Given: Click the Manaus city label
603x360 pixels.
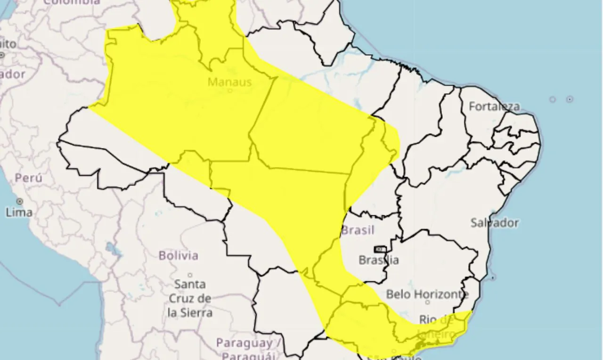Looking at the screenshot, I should pyautogui.click(x=229, y=82).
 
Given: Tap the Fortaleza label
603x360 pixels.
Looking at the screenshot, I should pyautogui.click(x=494, y=106).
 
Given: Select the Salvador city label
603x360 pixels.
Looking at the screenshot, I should pyautogui.click(x=495, y=222).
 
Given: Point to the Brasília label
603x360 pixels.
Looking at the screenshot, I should pyautogui.click(x=379, y=260).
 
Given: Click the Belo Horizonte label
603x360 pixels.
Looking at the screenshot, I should pyautogui.click(x=427, y=295).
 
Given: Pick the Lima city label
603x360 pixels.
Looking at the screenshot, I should pyautogui.click(x=19, y=213).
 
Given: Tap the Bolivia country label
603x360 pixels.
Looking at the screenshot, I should pyautogui.click(x=178, y=255).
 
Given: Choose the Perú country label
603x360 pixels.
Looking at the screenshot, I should pyautogui.click(x=28, y=178).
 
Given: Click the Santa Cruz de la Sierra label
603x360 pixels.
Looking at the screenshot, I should pyautogui.click(x=190, y=298).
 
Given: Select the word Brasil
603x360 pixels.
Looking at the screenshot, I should pyautogui.click(x=358, y=230).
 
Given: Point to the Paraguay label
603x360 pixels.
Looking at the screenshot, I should pyautogui.click(x=245, y=343).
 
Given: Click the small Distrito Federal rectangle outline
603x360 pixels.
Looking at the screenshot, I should pyautogui.click(x=380, y=249).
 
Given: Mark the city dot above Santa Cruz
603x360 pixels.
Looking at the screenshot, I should pyautogui.click(x=190, y=275).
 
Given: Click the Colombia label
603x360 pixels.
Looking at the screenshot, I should pyautogui.click(x=72, y=2).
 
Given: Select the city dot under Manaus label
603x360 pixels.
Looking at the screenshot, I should pyautogui.click(x=230, y=91).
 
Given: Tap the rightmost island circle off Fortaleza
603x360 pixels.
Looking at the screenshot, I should pyautogui.click(x=570, y=99).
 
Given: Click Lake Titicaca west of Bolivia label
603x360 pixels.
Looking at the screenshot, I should pyautogui.click(x=111, y=248).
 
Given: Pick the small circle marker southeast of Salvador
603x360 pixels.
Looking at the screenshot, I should pyautogui.click(x=493, y=278).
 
